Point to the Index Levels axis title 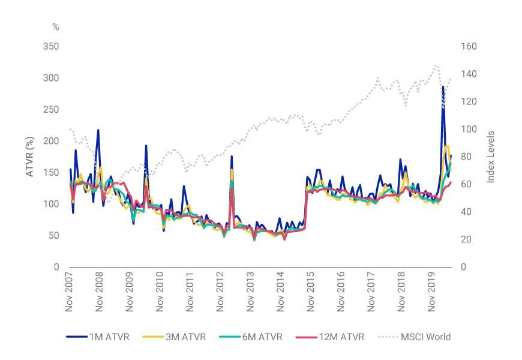(x=491, y=157)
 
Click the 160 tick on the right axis (x=468, y=47)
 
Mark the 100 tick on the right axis (x=468, y=130)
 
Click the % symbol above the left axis (x=56, y=27)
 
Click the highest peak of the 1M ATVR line (x=443, y=86)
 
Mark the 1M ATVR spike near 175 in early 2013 (x=232, y=157)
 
